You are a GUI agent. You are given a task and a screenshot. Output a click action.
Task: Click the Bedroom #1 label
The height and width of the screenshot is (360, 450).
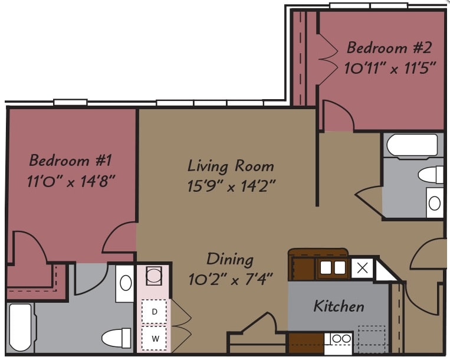click(x=70, y=160)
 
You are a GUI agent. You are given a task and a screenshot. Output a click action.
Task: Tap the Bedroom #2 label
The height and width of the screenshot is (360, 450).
click(x=385, y=47)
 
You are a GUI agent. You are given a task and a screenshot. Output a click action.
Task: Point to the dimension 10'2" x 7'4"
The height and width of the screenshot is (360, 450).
click(x=229, y=280)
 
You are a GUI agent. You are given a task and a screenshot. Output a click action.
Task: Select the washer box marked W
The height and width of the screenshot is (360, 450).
click(x=155, y=338)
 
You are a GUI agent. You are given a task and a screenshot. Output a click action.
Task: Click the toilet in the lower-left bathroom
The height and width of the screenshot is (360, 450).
click(x=116, y=338)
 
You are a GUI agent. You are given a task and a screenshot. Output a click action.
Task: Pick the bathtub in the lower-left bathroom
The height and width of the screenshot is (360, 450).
click(x=20, y=328)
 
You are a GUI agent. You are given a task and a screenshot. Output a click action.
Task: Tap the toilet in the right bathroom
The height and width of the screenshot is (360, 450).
click(x=431, y=175)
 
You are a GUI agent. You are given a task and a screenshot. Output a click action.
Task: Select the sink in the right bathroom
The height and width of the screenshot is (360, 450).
click(x=434, y=203)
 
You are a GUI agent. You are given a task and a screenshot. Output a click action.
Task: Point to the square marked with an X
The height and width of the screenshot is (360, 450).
click(x=363, y=268)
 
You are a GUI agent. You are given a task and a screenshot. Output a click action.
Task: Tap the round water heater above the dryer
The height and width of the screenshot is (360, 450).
click(x=155, y=276)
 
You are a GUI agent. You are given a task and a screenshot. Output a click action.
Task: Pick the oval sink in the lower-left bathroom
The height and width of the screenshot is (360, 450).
click(x=126, y=283)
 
